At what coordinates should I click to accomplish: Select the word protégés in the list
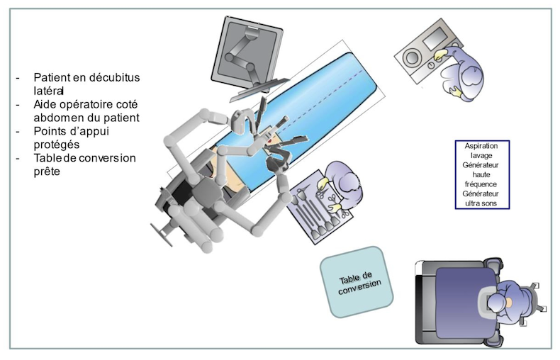coord(57,145)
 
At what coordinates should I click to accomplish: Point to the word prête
coord(47,171)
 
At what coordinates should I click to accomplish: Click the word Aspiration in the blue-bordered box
coord(481,146)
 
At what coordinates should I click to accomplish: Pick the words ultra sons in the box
coord(481,203)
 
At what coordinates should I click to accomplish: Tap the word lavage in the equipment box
coord(481,156)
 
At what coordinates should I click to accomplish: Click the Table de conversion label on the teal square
coord(359,283)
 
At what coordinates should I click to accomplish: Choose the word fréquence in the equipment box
coord(481,185)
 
